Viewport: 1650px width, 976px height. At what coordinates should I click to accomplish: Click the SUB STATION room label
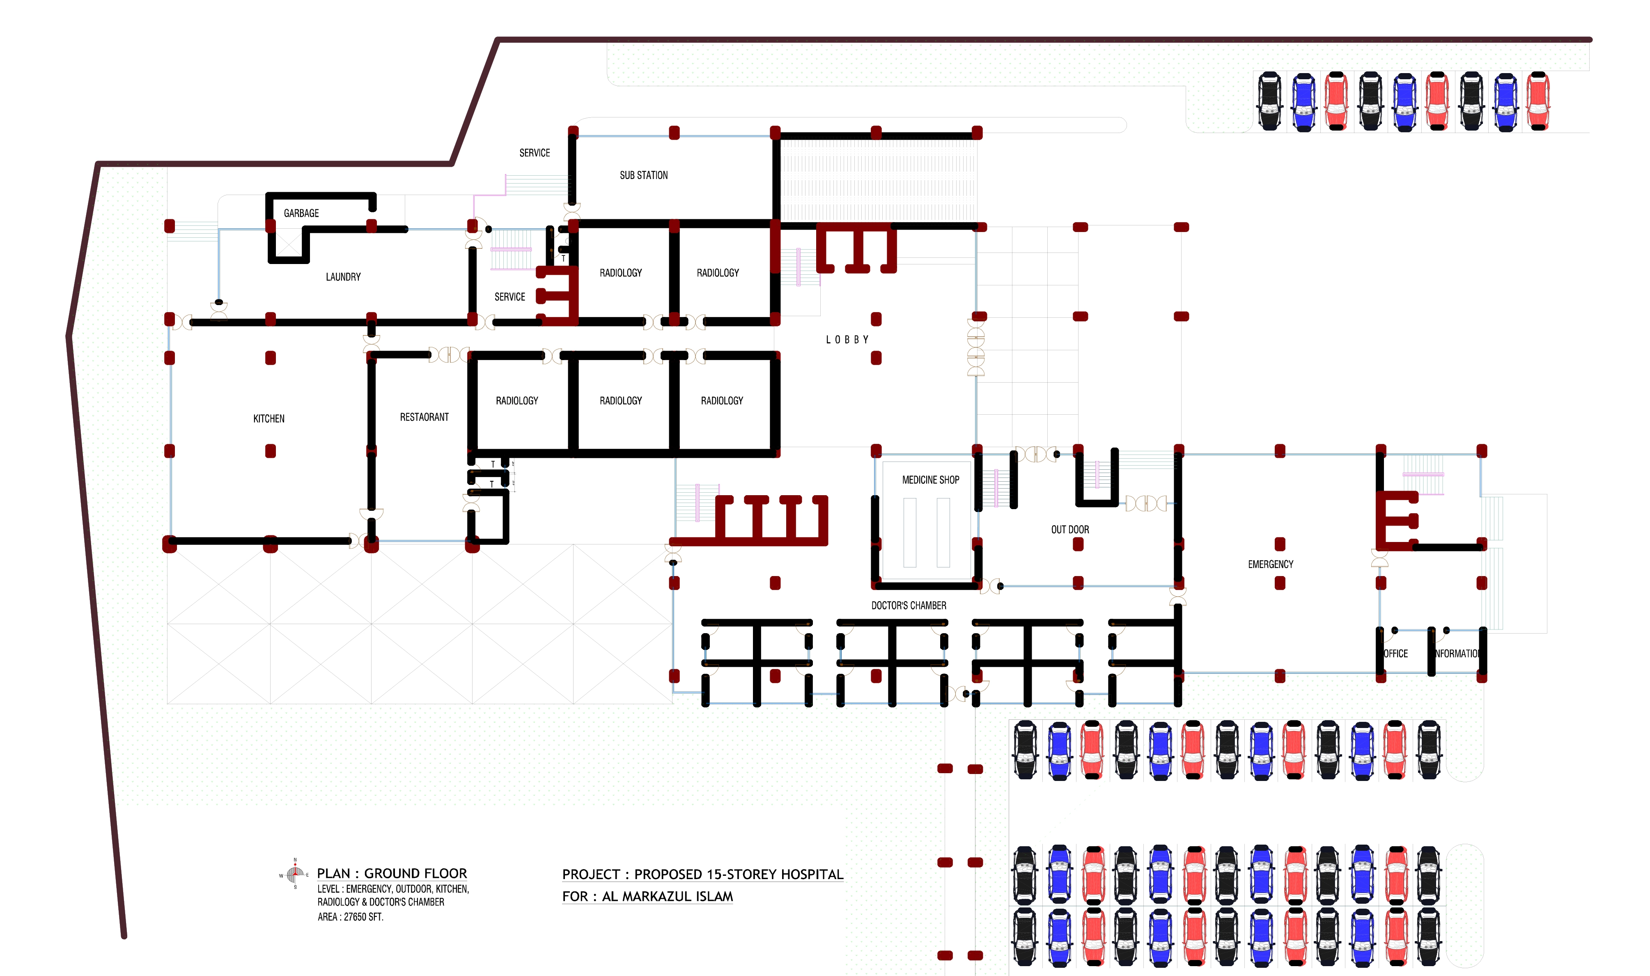pos(643,175)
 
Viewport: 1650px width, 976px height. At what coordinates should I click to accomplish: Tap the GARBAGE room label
pos(301,213)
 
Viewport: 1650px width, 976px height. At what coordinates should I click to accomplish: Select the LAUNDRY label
pos(343,277)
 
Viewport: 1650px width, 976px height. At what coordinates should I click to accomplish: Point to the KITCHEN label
pos(268,419)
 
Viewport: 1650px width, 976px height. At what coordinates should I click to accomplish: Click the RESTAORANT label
pos(424,417)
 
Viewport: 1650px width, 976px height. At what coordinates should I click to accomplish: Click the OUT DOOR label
pos(1069,529)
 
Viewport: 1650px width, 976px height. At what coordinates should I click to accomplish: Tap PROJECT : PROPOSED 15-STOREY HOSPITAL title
pos(702,874)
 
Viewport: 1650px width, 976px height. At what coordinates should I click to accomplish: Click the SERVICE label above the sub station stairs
pos(534,153)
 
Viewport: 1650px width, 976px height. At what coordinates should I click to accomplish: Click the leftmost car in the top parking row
pos(1269,101)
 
